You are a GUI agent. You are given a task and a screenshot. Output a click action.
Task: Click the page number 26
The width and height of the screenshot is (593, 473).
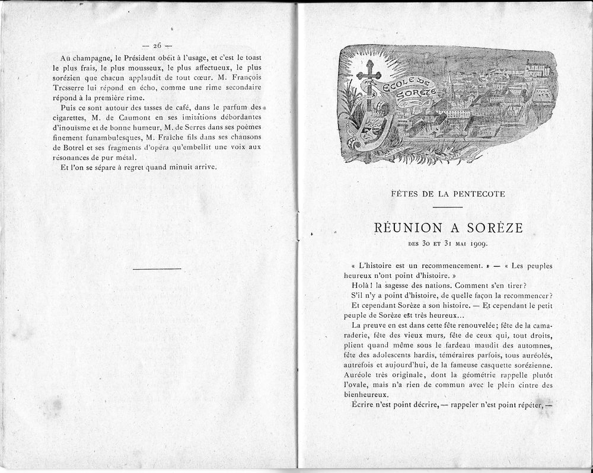tap(157, 46)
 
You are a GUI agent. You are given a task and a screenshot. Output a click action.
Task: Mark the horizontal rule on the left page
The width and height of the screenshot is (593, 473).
tap(157, 269)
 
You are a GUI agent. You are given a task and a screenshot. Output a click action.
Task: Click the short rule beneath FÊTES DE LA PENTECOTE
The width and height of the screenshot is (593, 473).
tap(448, 207)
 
